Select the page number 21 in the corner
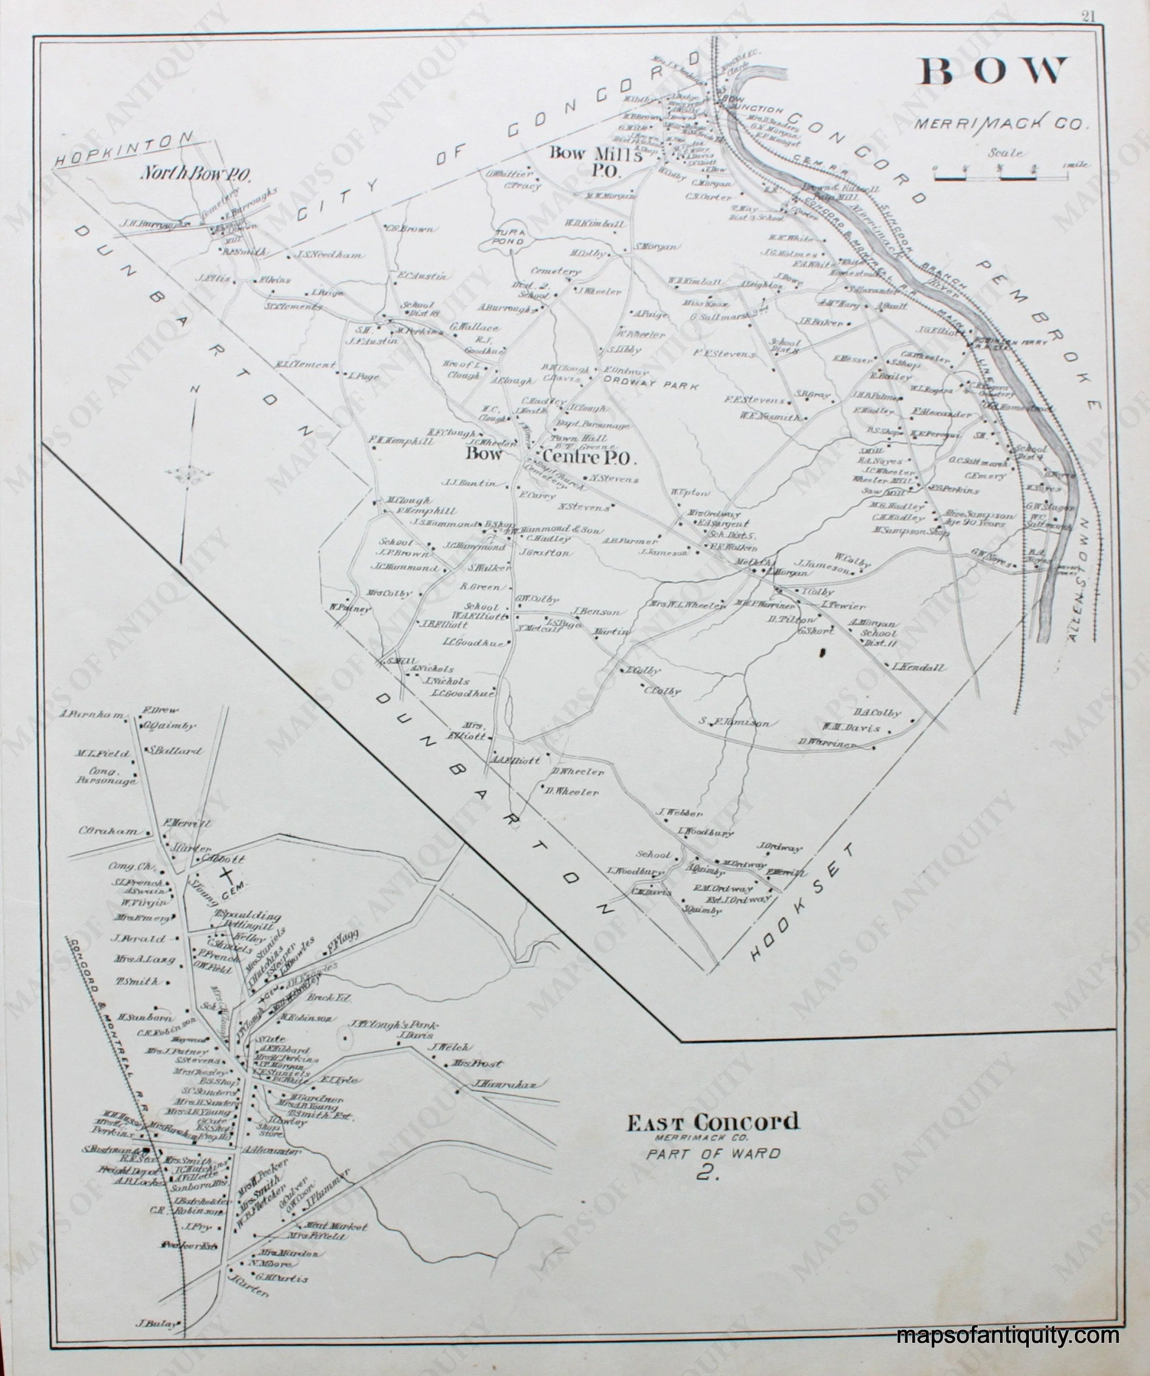[x=1089, y=17]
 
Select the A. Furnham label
[x=90, y=714]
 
